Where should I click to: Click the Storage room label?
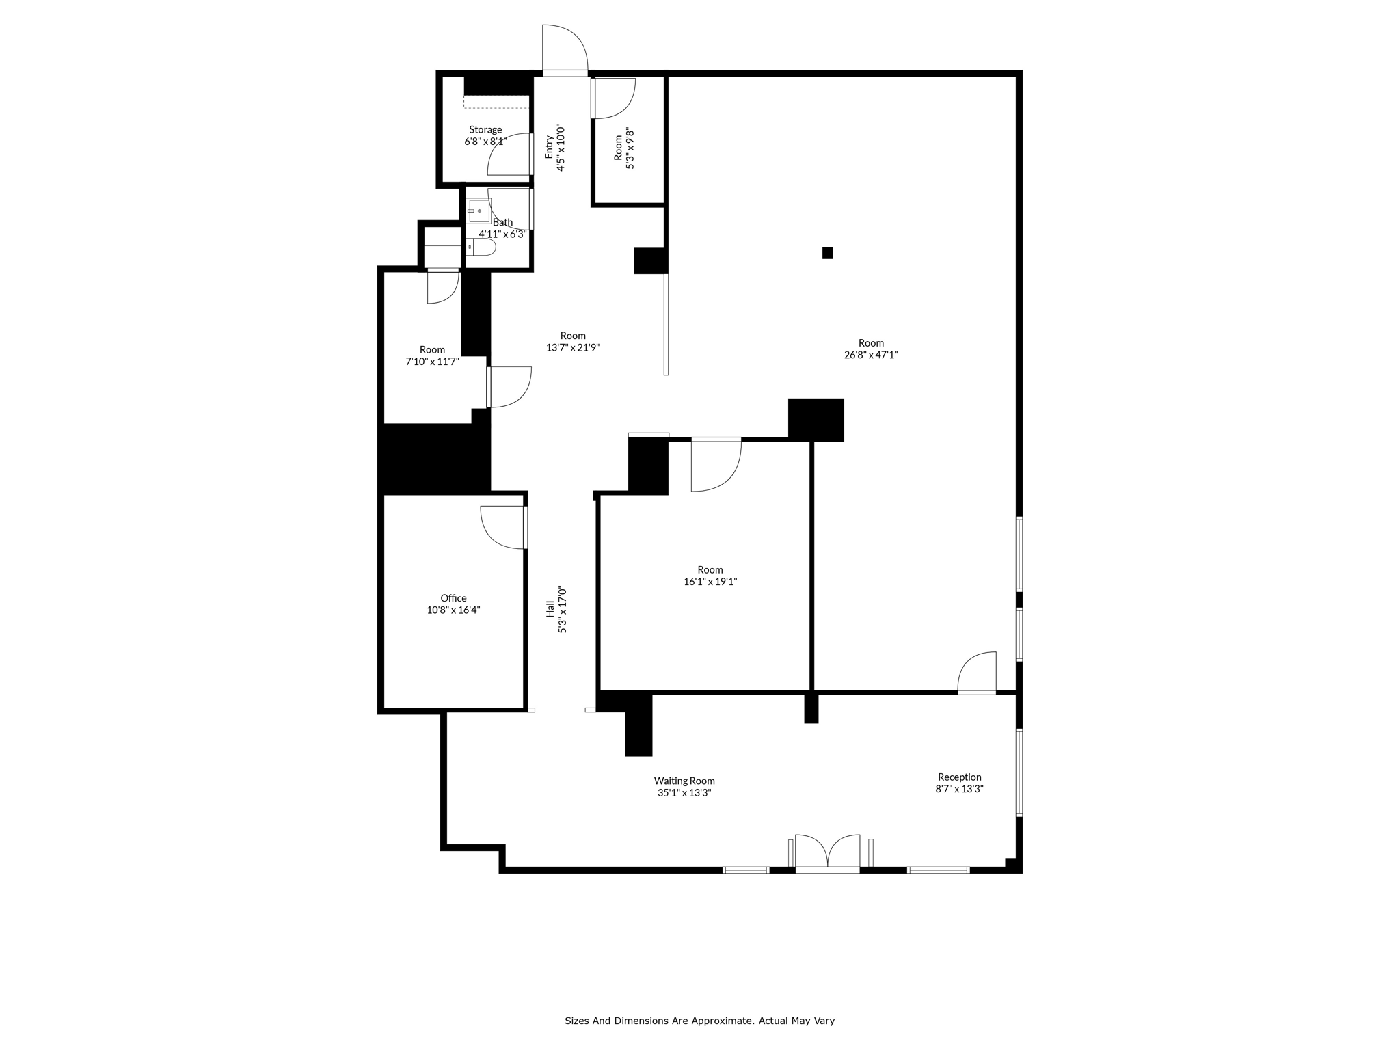tap(485, 130)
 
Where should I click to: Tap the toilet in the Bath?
tap(482, 247)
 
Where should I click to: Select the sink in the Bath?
tap(479, 211)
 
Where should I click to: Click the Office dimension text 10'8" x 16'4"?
tap(453, 610)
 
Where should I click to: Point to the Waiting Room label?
tap(684, 781)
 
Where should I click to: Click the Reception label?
tap(959, 777)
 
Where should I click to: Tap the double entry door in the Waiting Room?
tap(827, 853)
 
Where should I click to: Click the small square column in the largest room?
tap(827, 253)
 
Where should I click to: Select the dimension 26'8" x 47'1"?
tap(870, 355)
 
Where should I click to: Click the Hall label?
tap(550, 609)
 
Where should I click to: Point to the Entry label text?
tap(549, 147)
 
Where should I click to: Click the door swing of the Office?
tap(504, 527)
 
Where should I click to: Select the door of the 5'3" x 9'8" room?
tap(613, 98)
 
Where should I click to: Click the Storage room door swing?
tap(510, 155)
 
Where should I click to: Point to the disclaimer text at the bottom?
tap(699, 1021)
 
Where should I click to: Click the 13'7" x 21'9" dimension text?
tap(573, 347)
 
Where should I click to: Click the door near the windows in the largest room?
tap(977, 673)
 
